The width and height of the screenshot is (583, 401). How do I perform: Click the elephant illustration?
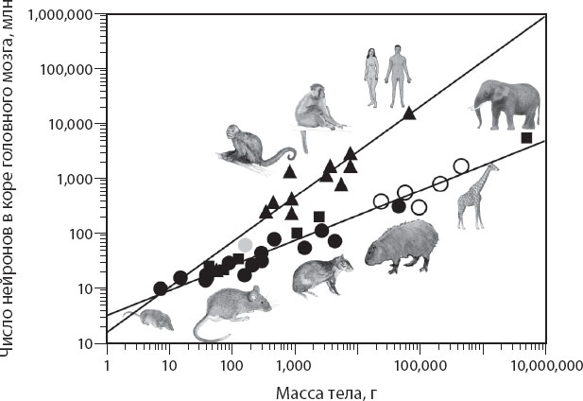(x=510, y=102)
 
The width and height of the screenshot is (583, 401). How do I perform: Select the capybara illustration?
(x=401, y=247)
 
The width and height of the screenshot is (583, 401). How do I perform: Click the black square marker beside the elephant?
(x=526, y=138)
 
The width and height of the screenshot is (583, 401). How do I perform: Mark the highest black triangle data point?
(x=408, y=113)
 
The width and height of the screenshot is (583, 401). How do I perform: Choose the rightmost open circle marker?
(x=461, y=166)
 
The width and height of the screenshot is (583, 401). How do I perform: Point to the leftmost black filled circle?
(x=161, y=288)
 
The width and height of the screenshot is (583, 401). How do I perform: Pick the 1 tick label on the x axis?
(x=107, y=362)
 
